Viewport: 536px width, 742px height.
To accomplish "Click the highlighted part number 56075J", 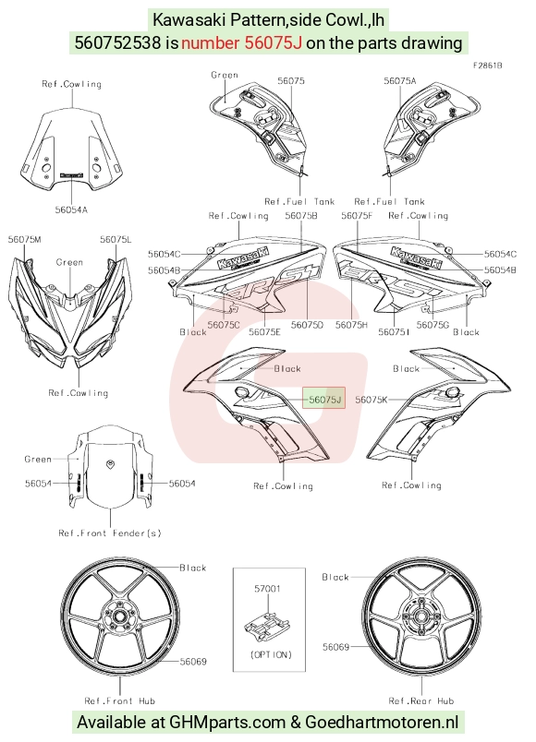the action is [324, 400].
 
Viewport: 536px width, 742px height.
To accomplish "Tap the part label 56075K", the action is [372, 400].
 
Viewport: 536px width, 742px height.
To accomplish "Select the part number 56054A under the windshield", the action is [71, 209].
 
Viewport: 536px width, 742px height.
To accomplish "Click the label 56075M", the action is [25, 239].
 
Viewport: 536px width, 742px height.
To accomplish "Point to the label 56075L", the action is [116, 239].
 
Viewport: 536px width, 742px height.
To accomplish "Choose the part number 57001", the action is [267, 589].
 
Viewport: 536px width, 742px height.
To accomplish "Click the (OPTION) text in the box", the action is [271, 655].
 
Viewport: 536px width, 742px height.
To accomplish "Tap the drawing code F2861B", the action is [487, 66].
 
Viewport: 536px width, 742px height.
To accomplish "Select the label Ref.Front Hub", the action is [119, 700].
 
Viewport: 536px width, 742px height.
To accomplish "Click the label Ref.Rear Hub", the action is [421, 700].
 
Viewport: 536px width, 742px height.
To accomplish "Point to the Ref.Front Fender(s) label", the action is [110, 533].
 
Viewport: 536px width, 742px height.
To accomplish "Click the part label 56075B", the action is [301, 216].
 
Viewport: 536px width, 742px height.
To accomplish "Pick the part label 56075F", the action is [358, 216].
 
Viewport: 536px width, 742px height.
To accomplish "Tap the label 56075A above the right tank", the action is [400, 81].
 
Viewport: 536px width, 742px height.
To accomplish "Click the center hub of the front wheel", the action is [116, 616].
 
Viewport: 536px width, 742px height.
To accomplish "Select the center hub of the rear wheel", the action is [420, 616].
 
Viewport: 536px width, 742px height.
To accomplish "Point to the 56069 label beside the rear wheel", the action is [335, 647].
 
